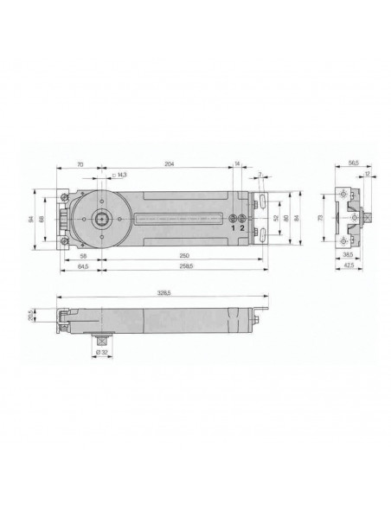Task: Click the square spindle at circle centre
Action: tap(102, 218)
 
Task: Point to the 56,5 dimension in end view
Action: tap(353, 163)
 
